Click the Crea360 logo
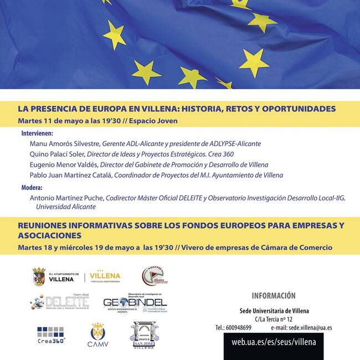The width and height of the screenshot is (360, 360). (x=51, y=335)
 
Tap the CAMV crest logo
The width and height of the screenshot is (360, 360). (x=97, y=336)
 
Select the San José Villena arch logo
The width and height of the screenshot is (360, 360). (x=145, y=336)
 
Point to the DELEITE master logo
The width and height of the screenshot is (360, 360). (x=59, y=302)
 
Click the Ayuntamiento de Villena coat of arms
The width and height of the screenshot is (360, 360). (x=39, y=276)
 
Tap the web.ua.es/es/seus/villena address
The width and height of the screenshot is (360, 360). (x=274, y=342)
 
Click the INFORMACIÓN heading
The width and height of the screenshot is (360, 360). (x=274, y=296)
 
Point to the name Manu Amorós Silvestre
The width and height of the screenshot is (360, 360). (x=65, y=144)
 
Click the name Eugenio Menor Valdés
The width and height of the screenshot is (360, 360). (x=64, y=164)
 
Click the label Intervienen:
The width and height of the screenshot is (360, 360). (x=37, y=133)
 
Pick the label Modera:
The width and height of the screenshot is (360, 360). (x=32, y=188)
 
